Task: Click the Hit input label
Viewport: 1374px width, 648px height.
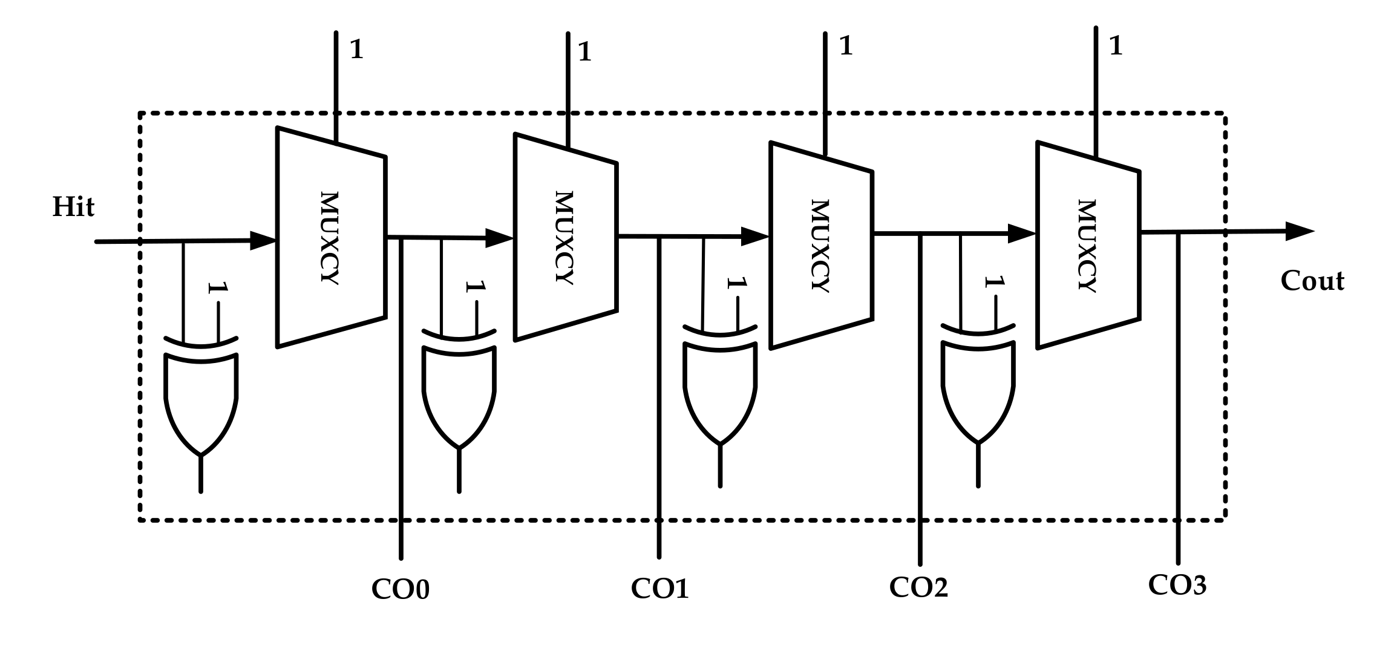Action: click(73, 207)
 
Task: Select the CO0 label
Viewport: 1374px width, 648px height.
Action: click(400, 589)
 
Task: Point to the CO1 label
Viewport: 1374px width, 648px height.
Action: click(659, 588)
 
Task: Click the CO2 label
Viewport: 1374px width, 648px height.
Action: click(918, 587)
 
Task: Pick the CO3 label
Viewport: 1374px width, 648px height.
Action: click(1177, 584)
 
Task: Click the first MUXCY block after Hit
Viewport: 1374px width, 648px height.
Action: click(331, 237)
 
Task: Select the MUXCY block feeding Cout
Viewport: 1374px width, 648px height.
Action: click(1088, 245)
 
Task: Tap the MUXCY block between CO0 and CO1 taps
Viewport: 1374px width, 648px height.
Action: click(565, 237)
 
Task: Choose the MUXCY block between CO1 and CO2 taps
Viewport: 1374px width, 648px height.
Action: click(821, 245)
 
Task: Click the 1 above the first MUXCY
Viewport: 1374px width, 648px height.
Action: click(356, 50)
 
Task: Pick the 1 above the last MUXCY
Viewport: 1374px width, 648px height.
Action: click(1116, 47)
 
